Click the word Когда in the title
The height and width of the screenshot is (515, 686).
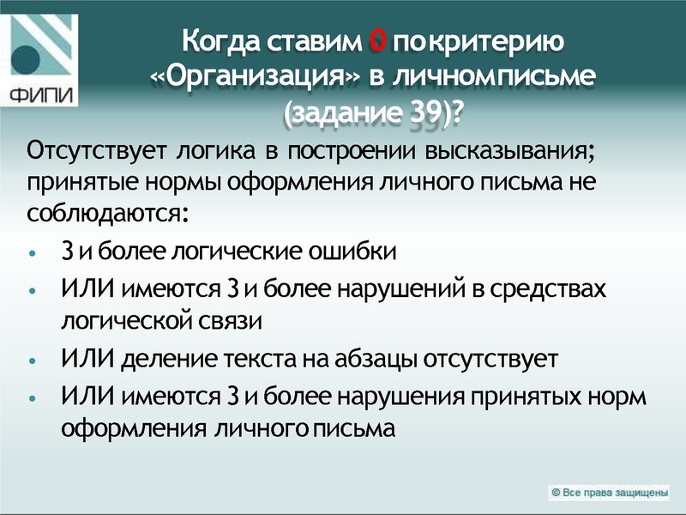tap(221, 40)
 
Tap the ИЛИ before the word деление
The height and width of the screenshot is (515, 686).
tap(85, 358)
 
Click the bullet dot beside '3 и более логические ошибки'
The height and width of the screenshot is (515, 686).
tap(32, 254)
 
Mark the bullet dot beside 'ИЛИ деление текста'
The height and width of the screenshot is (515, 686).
tap(32, 360)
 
